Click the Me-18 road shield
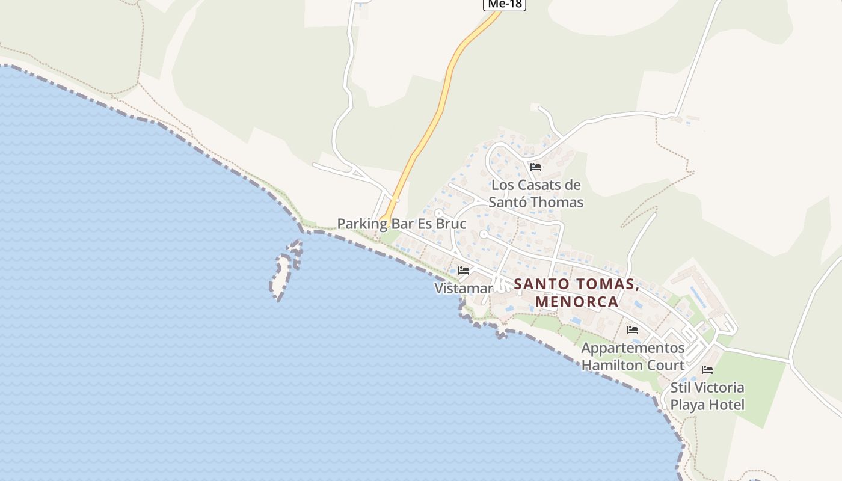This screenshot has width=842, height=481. pos(505,4)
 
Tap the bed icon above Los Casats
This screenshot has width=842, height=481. pos(536,167)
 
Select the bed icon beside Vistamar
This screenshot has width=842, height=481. pos(464,270)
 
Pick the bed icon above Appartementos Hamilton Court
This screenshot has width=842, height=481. pos(633,329)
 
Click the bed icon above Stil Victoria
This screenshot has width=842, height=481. pos(707,369)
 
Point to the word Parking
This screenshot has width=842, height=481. pos(362,224)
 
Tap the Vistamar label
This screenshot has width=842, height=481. pos(463,289)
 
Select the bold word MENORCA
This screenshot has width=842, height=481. pos(577,301)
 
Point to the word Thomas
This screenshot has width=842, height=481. pos(557,202)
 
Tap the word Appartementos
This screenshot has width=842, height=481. pos(633,348)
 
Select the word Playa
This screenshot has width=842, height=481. pos(687,405)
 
